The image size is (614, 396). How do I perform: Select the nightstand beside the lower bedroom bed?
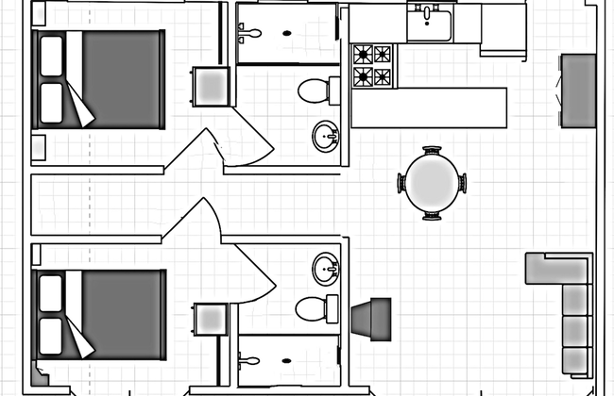coord(210,320)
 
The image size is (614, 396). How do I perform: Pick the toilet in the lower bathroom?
coord(316,307)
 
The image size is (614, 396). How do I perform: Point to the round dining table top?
coord(433,183)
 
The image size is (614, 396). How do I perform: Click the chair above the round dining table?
coord(433,150)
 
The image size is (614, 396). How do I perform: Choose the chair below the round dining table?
coord(433,216)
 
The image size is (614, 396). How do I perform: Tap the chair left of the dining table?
coord(401,184)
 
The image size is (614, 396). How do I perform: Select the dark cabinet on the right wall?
coord(578,91)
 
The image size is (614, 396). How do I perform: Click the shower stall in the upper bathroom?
coord(286,33)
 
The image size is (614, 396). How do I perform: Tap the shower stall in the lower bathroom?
coord(286,359)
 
